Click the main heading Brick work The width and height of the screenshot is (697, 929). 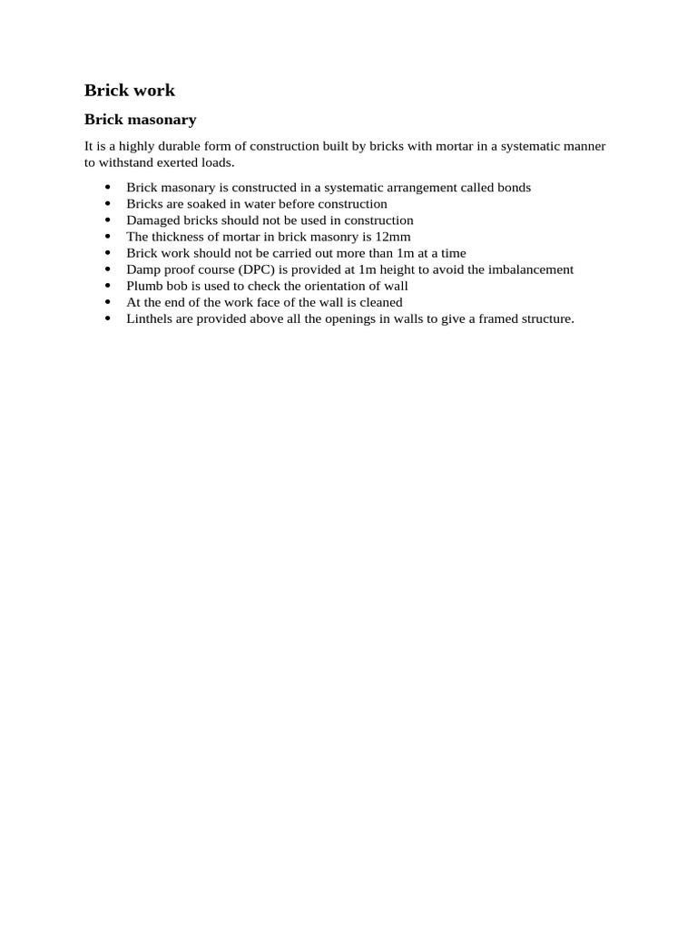click(x=130, y=90)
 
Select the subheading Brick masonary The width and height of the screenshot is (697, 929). click(x=140, y=120)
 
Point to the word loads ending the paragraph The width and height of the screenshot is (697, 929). click(x=216, y=162)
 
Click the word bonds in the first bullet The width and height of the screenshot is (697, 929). click(x=511, y=188)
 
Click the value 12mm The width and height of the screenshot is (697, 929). click(x=393, y=237)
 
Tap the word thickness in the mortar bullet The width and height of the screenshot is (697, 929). click(x=181, y=237)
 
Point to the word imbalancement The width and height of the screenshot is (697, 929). click(x=528, y=269)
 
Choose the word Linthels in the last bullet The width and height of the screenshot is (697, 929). click(x=150, y=318)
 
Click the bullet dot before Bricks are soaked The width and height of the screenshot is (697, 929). click(x=108, y=204)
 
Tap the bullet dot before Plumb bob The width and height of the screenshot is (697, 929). click(x=108, y=286)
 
